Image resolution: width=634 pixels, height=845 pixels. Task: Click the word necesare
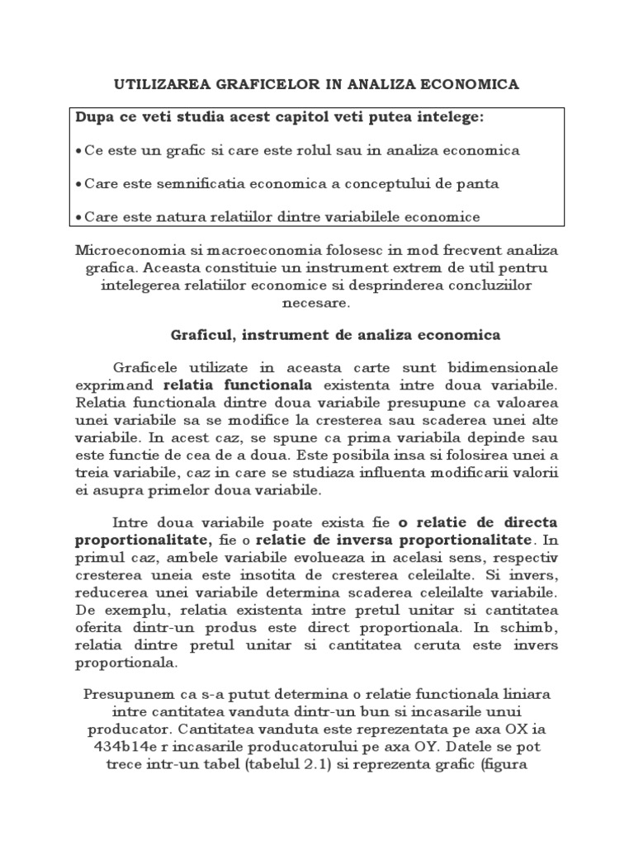316,302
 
